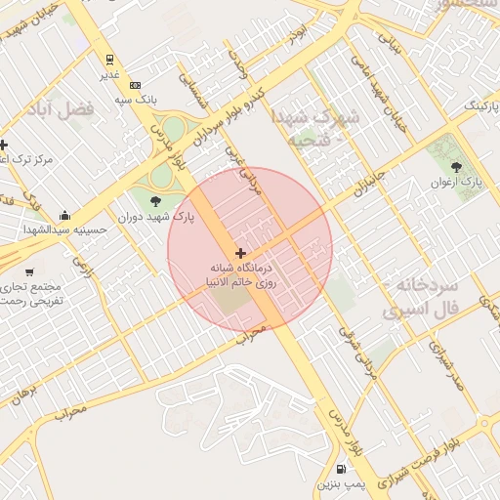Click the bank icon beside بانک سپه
pyautogui.click(x=135, y=85)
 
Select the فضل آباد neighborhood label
pyautogui.click(x=62, y=109)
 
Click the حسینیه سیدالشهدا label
pyautogui.click(x=65, y=230)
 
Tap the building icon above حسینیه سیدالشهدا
pyautogui.click(x=64, y=215)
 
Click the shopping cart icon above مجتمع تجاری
pyautogui.click(x=29, y=271)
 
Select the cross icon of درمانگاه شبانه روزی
pyautogui.click(x=240, y=252)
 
